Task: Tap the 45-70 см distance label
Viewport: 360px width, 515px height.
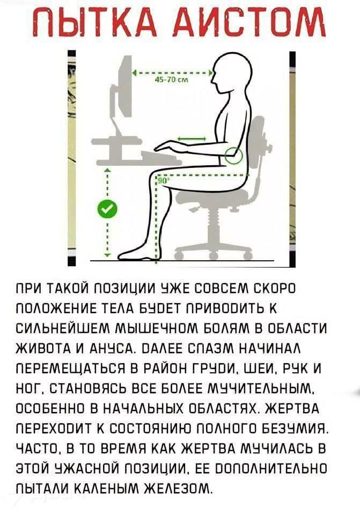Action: (x=171, y=80)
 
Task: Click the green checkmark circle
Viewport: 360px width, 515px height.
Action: (x=108, y=209)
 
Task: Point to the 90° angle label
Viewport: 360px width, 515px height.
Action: (x=163, y=182)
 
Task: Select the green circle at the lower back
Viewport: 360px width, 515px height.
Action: (x=234, y=154)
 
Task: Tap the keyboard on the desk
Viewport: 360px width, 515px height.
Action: (x=161, y=158)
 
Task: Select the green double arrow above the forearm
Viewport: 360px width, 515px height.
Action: (x=192, y=138)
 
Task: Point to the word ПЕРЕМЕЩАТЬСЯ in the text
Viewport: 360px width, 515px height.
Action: (x=69, y=368)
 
